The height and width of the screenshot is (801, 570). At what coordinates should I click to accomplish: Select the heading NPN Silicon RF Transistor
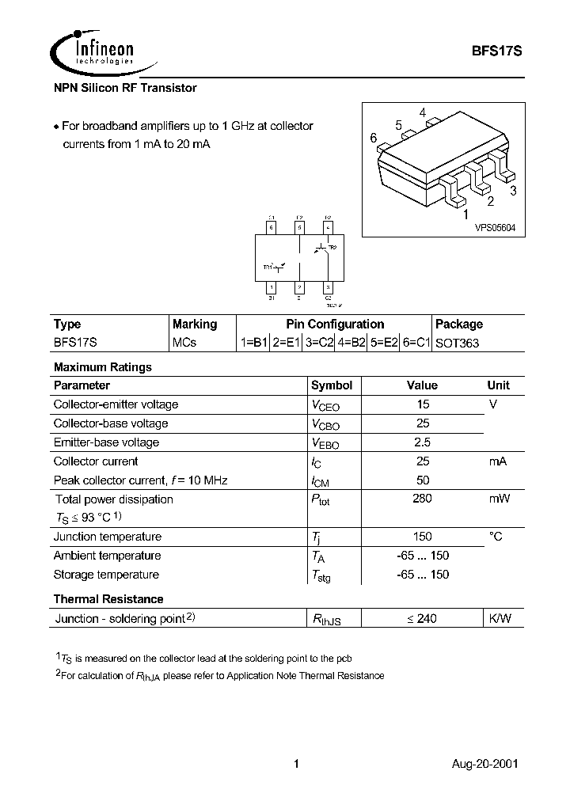125,88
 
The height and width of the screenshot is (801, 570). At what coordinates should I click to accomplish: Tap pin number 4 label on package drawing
423,112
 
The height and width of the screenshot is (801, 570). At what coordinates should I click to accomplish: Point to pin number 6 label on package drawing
373,138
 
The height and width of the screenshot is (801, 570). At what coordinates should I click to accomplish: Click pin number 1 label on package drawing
465,214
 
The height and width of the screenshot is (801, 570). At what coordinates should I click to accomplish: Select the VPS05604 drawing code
494,227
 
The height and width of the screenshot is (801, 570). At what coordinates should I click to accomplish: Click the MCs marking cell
184,344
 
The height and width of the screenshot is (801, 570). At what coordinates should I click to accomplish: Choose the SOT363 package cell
457,344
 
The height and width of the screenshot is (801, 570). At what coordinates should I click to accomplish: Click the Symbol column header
331,385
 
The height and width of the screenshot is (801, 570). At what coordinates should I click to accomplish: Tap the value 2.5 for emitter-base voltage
422,442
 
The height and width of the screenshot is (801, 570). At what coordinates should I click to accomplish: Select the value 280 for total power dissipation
422,499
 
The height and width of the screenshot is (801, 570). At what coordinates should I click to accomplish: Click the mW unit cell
498,499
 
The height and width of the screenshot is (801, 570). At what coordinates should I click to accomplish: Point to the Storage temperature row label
106,575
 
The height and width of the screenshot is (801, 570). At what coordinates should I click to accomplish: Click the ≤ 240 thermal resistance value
422,619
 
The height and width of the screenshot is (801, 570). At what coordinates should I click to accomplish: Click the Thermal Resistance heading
108,599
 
